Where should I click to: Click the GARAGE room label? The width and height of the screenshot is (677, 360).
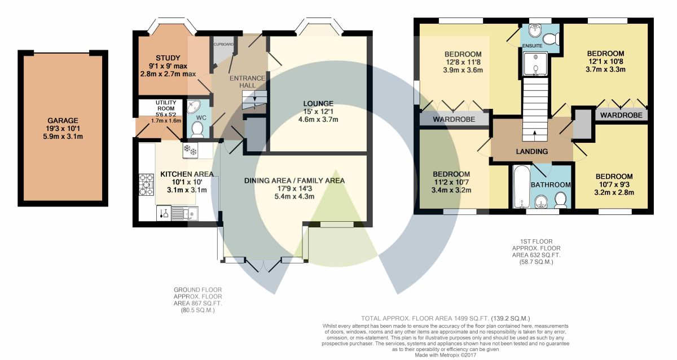point(63,120)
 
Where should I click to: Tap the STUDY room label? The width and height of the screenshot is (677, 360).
point(168,58)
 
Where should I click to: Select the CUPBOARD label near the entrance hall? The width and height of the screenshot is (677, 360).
point(223,45)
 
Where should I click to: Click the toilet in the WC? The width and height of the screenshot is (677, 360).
point(197,129)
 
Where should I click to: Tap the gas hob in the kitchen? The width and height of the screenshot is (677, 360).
point(147,185)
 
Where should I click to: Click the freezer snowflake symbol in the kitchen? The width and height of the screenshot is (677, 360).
point(190,150)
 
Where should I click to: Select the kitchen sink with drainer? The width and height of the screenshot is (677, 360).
point(184,213)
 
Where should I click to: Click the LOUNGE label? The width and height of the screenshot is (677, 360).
point(318,103)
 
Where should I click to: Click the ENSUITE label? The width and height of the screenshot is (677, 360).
point(532,46)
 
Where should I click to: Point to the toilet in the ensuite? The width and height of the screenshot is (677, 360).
point(551,39)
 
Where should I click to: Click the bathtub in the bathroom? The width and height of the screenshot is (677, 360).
point(522,187)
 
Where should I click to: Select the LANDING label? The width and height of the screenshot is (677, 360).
point(532,151)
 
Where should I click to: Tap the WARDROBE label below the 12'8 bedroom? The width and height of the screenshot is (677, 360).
point(454,120)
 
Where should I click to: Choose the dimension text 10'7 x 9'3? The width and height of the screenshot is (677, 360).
point(614,185)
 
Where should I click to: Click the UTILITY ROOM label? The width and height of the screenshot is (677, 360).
point(166,106)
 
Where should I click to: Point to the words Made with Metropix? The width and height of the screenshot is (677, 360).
point(435,355)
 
